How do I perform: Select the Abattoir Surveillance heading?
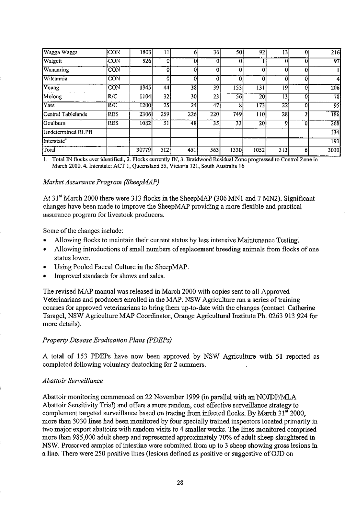[72, 381]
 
